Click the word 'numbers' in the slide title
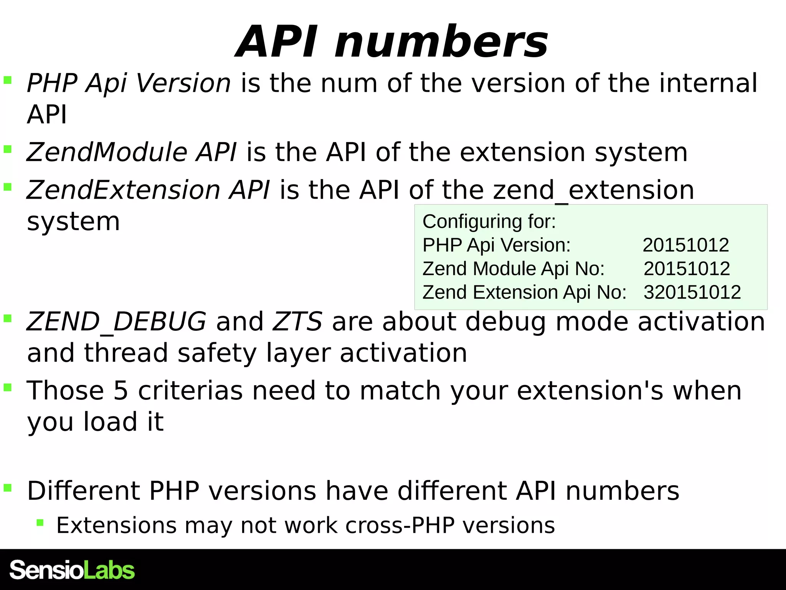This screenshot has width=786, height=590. click(x=441, y=41)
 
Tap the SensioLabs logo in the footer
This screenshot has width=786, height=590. click(x=72, y=570)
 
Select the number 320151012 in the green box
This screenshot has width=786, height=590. click(x=692, y=292)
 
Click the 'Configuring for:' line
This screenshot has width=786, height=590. click(x=489, y=222)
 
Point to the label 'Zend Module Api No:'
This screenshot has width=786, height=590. click(x=514, y=268)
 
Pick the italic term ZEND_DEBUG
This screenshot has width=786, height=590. click(x=116, y=322)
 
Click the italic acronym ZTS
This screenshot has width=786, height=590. click(x=297, y=322)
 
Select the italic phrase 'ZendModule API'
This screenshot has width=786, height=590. click(x=131, y=152)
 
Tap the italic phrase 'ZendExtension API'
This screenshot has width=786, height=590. click(x=148, y=190)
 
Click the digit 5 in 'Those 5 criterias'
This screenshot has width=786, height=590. click(x=121, y=391)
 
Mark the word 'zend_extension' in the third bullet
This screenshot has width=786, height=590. click(x=593, y=190)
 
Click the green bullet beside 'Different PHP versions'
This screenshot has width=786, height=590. click(x=8, y=488)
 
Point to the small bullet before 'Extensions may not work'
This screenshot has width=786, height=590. click(x=40, y=522)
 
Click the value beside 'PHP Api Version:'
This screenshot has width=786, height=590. click(x=685, y=245)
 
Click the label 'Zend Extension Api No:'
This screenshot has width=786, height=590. click(x=524, y=292)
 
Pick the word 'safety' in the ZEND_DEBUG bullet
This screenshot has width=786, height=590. click(x=217, y=353)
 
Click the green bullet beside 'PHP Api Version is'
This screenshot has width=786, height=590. click(x=8, y=80)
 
